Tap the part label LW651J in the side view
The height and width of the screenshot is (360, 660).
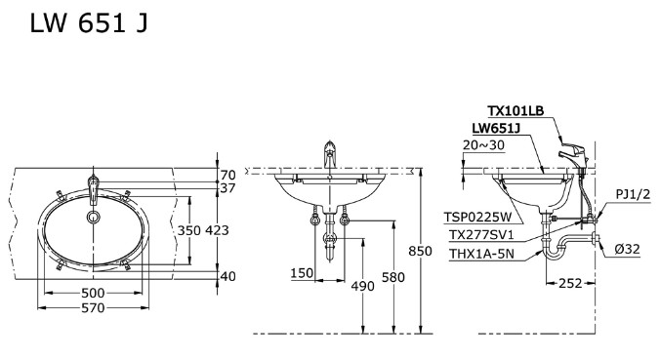[496, 128]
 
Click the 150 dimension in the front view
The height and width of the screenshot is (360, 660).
[302, 274]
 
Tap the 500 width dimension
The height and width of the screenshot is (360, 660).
[95, 292]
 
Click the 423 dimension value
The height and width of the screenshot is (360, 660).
[216, 230]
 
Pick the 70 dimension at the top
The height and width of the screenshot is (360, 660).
[227, 174]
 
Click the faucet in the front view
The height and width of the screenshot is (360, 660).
[331, 156]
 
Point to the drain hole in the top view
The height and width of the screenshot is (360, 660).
[94, 217]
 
